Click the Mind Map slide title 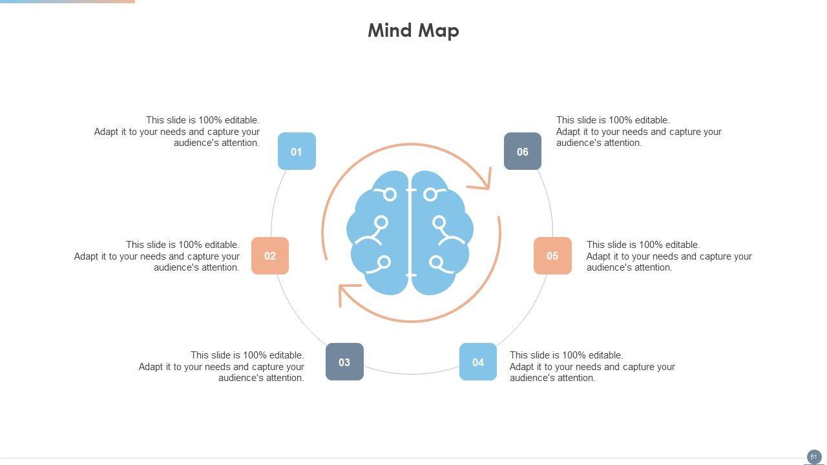tap(413, 30)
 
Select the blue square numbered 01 tap(297, 151)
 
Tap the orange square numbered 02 tap(270, 256)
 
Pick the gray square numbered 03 tap(344, 362)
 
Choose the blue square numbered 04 tap(478, 362)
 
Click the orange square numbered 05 tap(552, 256)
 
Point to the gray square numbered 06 tap(522, 151)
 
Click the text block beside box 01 tap(177, 132)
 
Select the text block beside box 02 tap(157, 256)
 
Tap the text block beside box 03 tap(222, 367)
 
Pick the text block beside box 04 tap(592, 367)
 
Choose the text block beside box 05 tap(669, 256)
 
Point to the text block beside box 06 tap(638, 132)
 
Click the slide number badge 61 tap(813, 457)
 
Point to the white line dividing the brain tap(410, 232)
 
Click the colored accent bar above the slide tap(67, 1)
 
